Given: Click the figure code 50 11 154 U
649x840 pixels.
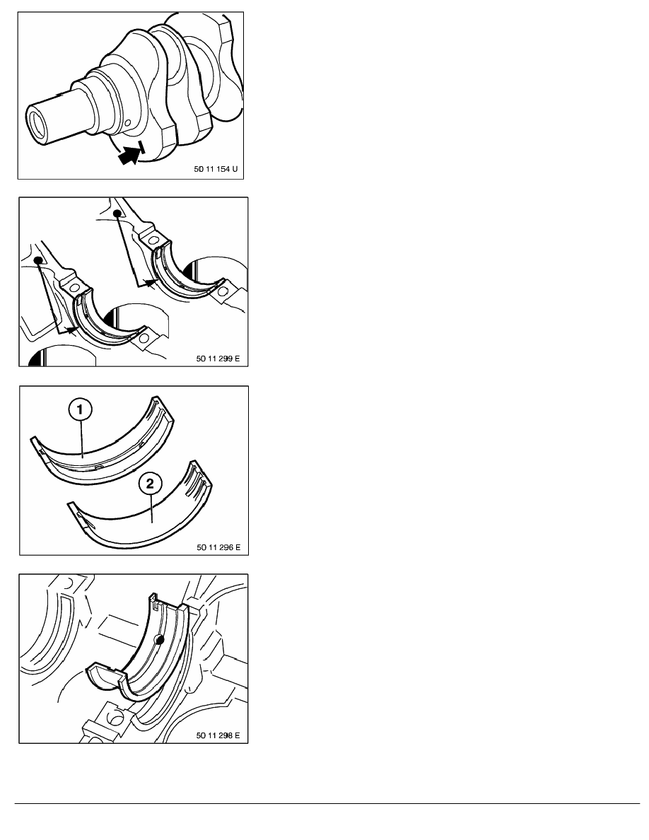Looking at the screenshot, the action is tap(215, 169).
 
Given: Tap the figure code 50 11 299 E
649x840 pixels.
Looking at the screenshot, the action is tap(218, 358).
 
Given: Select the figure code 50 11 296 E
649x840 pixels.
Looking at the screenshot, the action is tap(218, 547).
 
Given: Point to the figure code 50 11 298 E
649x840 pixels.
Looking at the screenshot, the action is tap(218, 735).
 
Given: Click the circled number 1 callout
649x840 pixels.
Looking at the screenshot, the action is tap(81, 410).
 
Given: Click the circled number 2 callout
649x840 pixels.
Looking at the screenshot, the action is tap(150, 484).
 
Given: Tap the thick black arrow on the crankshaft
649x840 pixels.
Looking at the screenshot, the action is tap(129, 155).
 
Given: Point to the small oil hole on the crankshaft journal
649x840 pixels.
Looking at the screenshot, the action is tap(127, 124).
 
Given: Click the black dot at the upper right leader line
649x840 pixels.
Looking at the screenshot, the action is tap(117, 214).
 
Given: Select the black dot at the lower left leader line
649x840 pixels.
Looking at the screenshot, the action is tap(38, 260).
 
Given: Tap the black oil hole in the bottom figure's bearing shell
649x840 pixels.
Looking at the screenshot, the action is tap(158, 638).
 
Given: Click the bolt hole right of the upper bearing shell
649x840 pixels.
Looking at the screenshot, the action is tap(223, 292).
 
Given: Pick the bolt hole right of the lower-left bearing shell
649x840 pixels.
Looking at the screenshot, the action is tap(143, 339).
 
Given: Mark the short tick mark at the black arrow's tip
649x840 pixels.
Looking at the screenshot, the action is tap(141, 147).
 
